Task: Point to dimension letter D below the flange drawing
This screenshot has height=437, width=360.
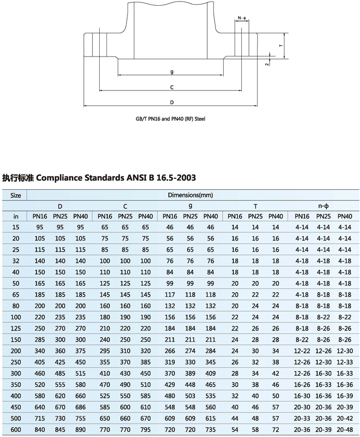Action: click(x=172, y=102)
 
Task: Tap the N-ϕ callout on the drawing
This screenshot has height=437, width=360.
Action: click(x=243, y=19)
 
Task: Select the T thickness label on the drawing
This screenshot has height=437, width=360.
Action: click(x=281, y=45)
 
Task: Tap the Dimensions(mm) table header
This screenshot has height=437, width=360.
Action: click(x=190, y=195)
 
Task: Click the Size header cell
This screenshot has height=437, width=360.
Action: click(x=16, y=195)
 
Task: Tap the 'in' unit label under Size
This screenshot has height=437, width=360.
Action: click(x=16, y=216)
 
